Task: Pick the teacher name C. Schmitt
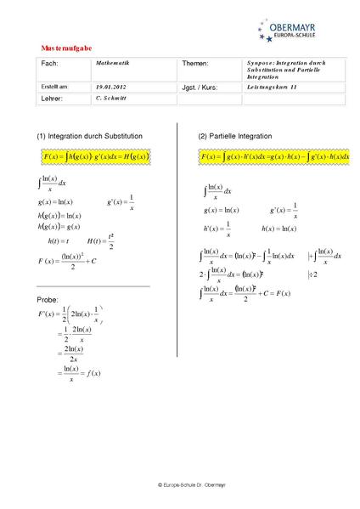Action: [x=110, y=99]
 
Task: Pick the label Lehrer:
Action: [x=53, y=99]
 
